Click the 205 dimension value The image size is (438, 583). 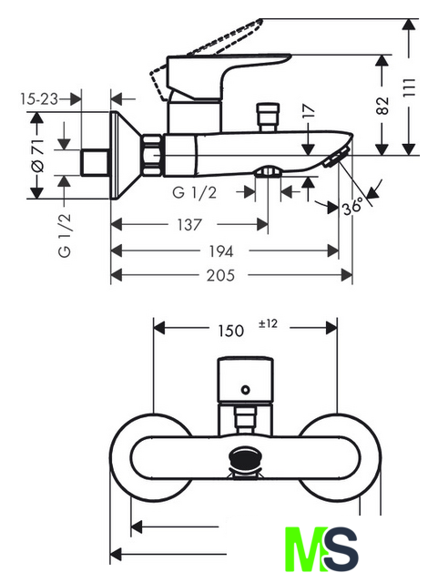(220, 275)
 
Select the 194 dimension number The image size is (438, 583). (221, 251)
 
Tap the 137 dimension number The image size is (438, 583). (189, 225)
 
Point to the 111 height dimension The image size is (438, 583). (409, 87)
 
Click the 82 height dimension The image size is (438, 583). (382, 106)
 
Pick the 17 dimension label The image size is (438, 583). (308, 111)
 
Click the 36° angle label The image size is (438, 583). (352, 206)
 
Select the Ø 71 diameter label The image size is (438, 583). (37, 156)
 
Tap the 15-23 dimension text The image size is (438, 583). (39, 99)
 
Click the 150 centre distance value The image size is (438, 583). (231, 331)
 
